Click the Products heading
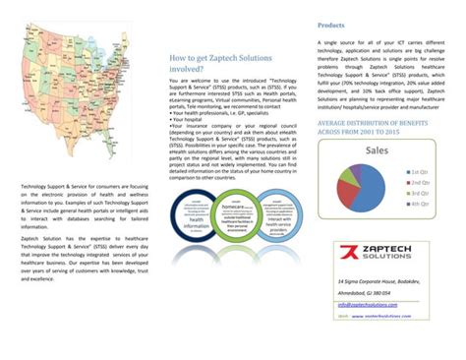[330, 26]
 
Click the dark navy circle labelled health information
[193, 223]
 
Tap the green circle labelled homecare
[232, 217]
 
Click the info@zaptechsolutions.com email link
[358, 305]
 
